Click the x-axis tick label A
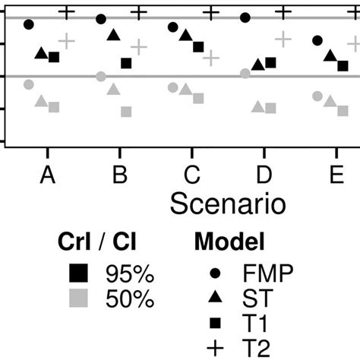[47, 176]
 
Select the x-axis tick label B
[119, 176]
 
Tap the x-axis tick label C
[192, 176]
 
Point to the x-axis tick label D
[264, 176]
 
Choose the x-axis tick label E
[336, 176]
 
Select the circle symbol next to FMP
[216, 271]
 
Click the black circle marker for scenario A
[29, 24]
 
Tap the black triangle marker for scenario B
[113, 35]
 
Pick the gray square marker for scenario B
[126, 112]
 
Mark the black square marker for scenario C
[198, 47]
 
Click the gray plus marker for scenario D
[283, 39]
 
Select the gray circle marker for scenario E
[317, 96]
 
